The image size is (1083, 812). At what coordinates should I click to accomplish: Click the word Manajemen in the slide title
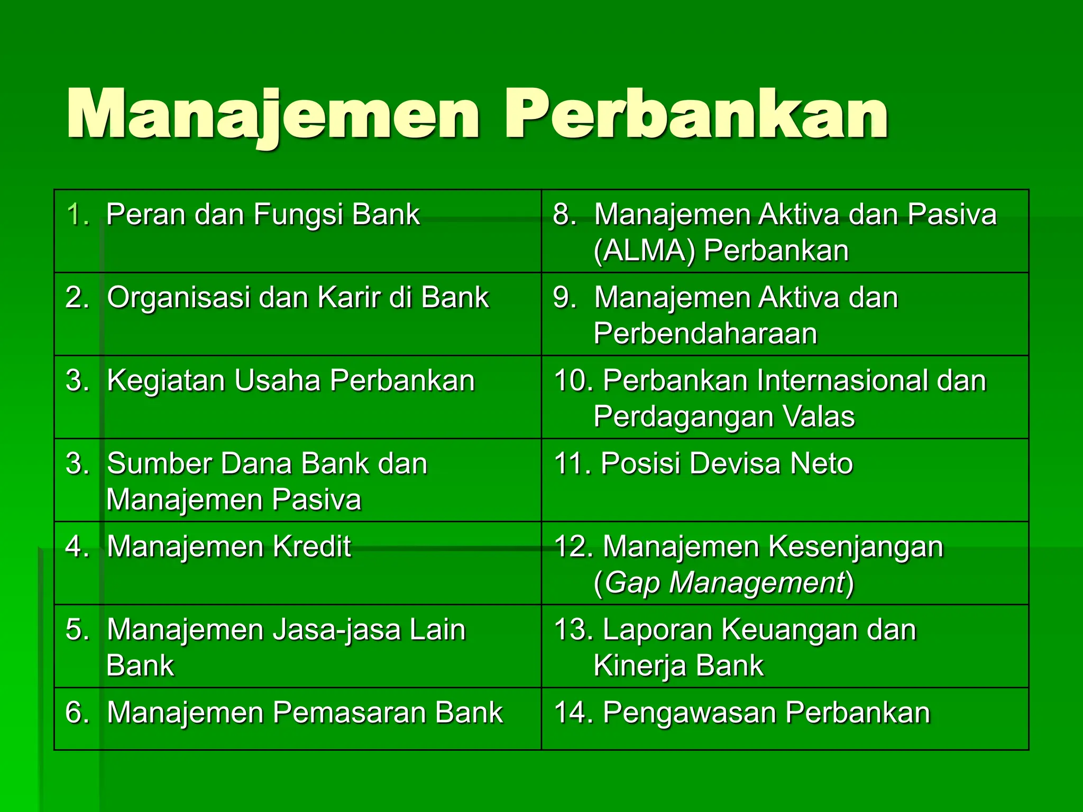(272, 115)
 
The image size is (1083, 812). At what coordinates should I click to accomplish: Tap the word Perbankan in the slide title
(696, 115)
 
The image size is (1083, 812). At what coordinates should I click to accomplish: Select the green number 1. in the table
(78, 215)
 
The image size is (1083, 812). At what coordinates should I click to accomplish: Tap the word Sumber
(159, 464)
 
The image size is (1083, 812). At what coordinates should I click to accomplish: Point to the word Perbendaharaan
(705, 334)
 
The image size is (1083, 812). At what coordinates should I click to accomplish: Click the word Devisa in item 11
(735, 464)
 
